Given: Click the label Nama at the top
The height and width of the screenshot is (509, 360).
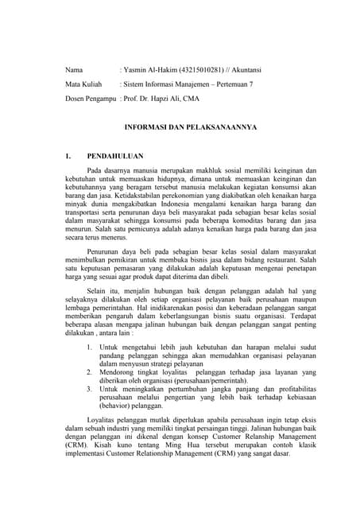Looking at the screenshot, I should click(74, 69).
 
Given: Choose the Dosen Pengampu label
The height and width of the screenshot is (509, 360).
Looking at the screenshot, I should click(90, 98).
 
